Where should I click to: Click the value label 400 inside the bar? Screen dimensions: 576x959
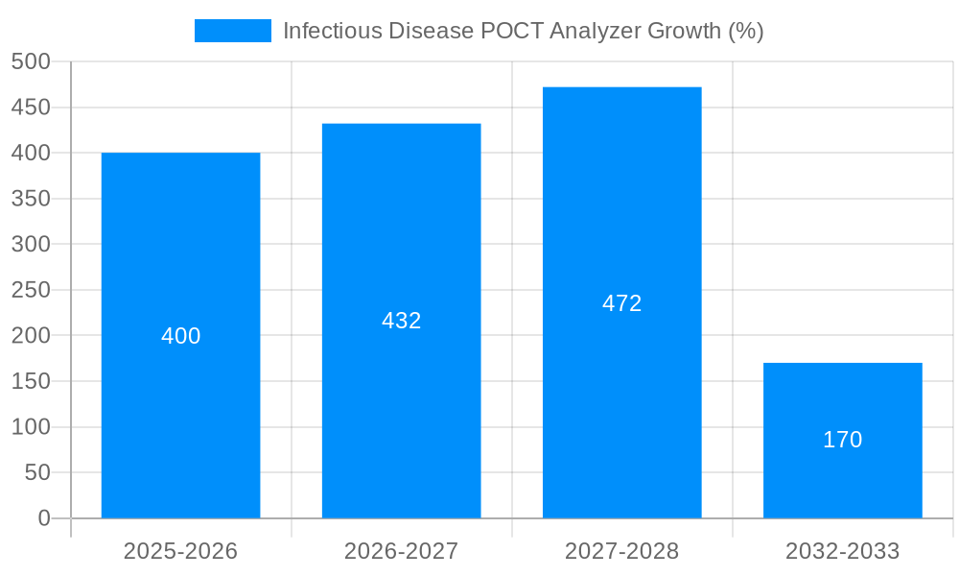point(180,336)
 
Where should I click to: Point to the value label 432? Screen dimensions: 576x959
point(401,321)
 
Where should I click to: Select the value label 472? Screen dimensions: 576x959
point(621,303)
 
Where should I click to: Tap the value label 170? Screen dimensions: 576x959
point(842,440)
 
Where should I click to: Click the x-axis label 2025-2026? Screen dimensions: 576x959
point(180,551)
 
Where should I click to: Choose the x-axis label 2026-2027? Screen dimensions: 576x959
point(401,551)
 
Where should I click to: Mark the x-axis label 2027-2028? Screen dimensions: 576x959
point(621,551)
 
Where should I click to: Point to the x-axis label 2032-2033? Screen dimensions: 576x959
point(842,551)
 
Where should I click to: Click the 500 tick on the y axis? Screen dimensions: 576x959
point(31,61)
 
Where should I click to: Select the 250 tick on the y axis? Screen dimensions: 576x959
point(31,290)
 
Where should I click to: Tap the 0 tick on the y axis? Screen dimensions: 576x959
point(44,518)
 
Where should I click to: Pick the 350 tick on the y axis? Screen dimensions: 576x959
point(31,199)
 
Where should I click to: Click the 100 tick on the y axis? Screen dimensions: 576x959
point(31,427)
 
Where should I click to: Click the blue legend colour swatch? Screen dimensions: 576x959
point(232,31)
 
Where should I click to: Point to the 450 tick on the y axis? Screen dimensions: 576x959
point(31,108)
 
